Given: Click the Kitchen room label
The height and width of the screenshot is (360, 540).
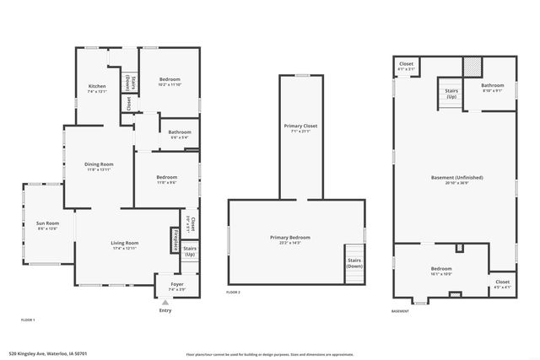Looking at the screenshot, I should tap(98, 88).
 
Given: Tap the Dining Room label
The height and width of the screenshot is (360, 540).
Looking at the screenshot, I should tap(99, 166).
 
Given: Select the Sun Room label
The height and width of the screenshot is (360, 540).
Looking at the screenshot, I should tap(46, 225).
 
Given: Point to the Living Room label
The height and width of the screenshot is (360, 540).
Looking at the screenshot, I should tap(124, 245).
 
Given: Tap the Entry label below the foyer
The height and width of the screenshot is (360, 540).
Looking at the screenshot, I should tap(165, 310).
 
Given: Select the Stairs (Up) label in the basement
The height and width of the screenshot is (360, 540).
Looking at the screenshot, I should tap(451, 94).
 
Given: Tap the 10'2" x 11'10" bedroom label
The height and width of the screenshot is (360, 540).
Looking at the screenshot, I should tap(170, 82).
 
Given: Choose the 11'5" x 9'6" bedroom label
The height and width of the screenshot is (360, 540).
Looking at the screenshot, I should tap(166, 180).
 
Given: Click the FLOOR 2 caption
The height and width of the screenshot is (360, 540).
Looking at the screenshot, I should tap(234, 292).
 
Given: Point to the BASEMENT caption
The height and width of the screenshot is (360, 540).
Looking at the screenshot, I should tap(400, 311).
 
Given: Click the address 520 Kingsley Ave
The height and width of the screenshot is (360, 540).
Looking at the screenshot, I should tap(48, 353).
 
